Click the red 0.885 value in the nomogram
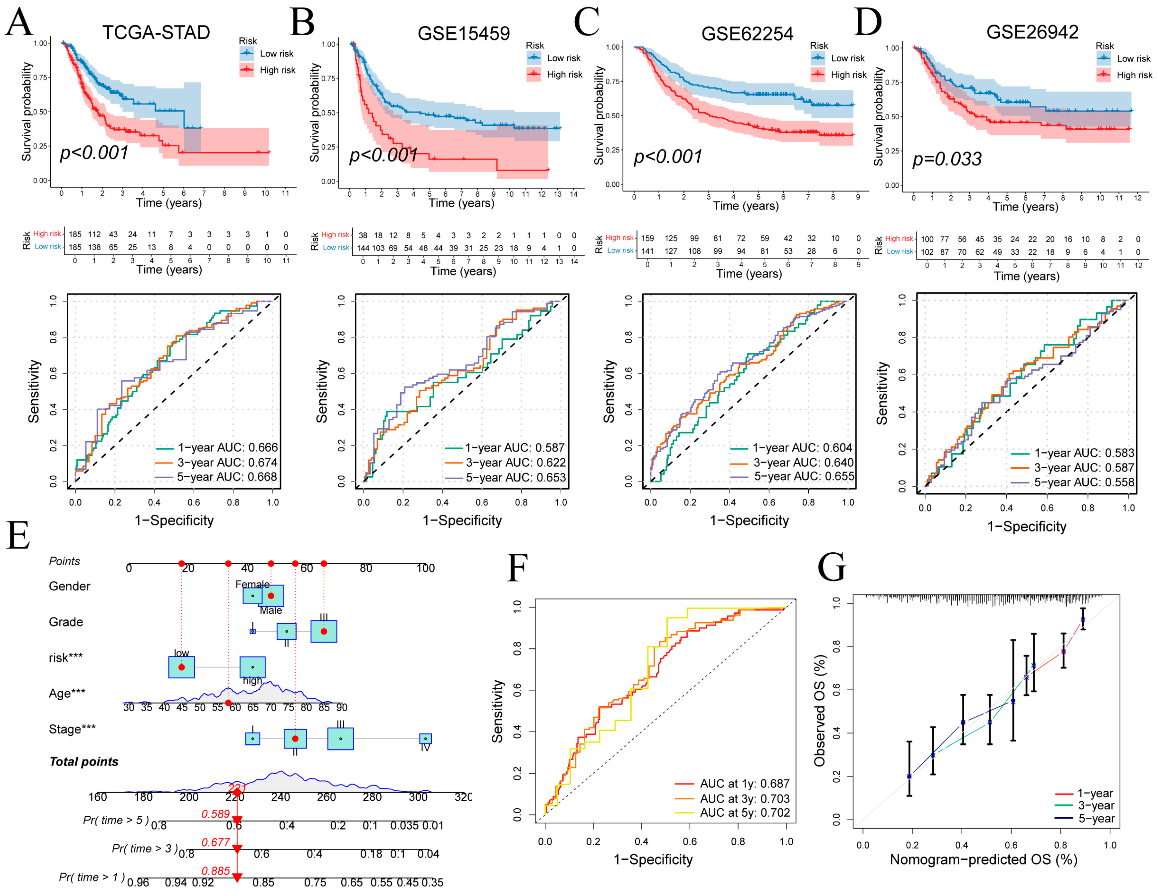[215, 871]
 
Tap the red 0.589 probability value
[215, 814]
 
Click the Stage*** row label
[72, 729]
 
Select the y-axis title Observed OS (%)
[820, 711]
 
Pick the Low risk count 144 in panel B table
[363, 248]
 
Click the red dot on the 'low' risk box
[181, 667]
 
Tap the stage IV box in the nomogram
[425, 738]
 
